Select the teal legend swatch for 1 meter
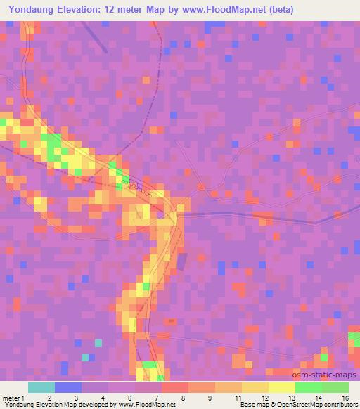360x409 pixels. coord(41,387)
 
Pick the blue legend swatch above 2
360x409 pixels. coord(67,387)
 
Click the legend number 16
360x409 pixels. coord(345,398)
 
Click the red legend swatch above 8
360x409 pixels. coord(174,387)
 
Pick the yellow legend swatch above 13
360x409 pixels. coord(281,387)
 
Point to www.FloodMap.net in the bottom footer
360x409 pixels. coord(146,405)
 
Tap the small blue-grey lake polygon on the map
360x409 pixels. coord(181,262)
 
